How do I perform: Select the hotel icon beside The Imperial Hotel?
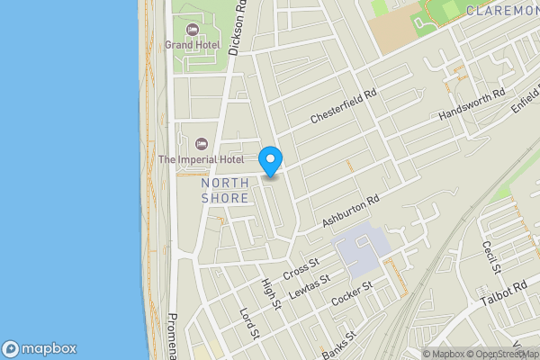pyautogui.click(x=202, y=144)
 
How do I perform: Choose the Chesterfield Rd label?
pyautogui.click(x=343, y=105)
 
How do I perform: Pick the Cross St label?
pyautogui.click(x=301, y=268)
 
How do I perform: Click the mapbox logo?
pyautogui.click(x=39, y=348)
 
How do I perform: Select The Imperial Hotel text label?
pyautogui.click(x=201, y=159)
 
